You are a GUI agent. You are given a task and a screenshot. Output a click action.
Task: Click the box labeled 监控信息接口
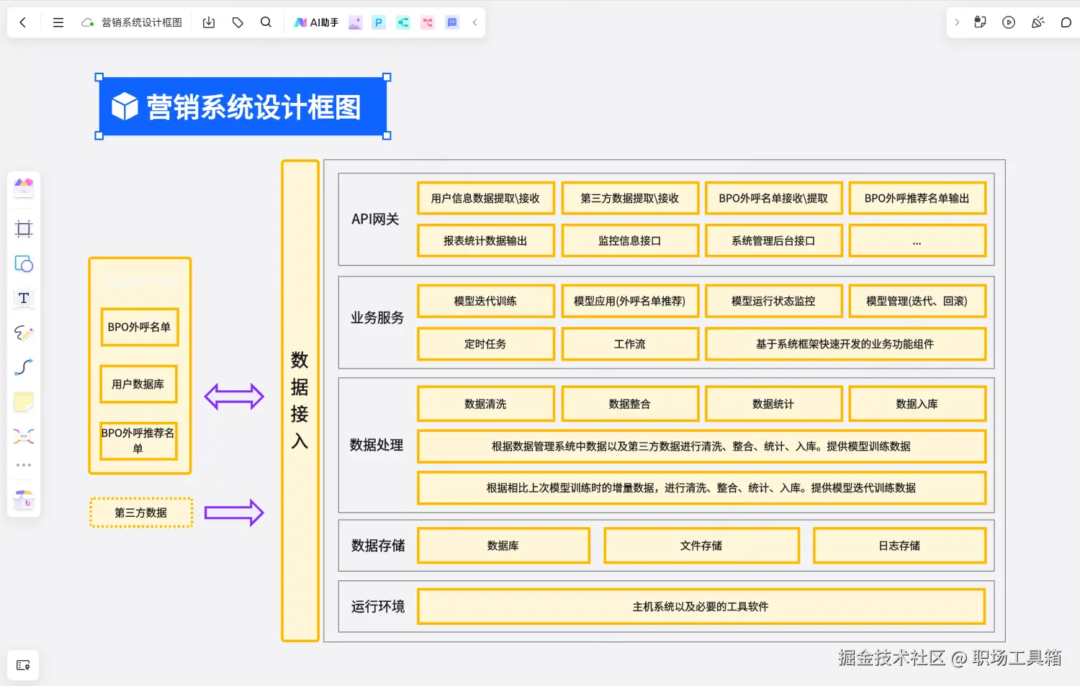630,240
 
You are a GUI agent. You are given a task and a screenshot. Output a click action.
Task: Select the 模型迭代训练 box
485,301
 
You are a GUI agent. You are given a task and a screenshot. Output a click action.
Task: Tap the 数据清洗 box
485,404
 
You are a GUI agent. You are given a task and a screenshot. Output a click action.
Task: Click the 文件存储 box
701,546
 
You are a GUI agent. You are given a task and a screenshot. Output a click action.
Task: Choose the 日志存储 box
899,546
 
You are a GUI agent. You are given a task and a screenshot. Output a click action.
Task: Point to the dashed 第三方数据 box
141,513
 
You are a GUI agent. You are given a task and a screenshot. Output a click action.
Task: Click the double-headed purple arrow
234,397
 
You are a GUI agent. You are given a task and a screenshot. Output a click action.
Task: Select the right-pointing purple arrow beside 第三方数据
234,513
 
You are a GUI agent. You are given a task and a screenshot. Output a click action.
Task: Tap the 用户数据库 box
138,384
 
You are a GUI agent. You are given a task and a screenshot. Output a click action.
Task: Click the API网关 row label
375,219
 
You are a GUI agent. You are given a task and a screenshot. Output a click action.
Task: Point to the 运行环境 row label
377,606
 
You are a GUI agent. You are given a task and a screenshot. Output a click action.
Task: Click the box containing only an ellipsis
917,240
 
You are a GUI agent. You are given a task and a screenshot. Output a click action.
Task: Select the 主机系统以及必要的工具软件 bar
701,606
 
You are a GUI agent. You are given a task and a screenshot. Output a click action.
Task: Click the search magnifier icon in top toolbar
266,22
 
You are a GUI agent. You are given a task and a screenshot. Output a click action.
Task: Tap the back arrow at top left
23,22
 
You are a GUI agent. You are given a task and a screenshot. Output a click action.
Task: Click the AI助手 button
316,22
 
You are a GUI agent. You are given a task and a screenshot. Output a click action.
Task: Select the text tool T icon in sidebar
24,298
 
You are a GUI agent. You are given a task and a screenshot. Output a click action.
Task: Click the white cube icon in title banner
125,107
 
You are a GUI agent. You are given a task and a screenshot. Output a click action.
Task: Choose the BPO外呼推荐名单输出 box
917,198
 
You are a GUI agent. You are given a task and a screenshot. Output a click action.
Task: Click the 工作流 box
630,343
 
